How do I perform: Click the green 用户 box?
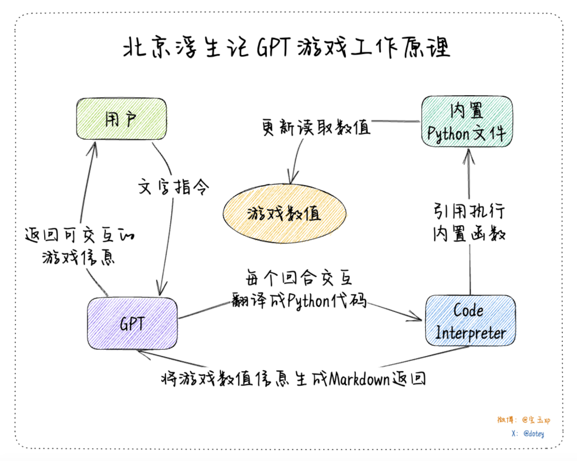121,119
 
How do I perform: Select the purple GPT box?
132,323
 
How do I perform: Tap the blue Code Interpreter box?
470,321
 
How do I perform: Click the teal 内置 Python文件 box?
467,122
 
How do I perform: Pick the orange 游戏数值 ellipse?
284,214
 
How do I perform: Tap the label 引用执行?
469,211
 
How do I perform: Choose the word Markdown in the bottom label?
359,379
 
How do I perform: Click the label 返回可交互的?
79,235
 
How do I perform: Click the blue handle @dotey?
533,434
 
